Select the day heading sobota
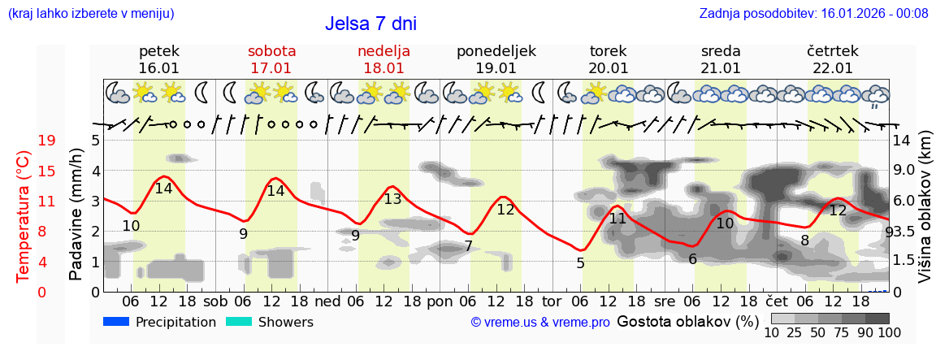[x=271, y=51]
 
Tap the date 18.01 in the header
[x=383, y=68]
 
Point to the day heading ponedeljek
[x=496, y=51]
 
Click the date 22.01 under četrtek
[x=833, y=68]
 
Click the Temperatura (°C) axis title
[x=24, y=216]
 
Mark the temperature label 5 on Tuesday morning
[x=580, y=263]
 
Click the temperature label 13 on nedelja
[x=392, y=199]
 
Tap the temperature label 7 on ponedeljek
[x=468, y=246]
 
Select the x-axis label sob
[x=215, y=300]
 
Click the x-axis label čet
[x=777, y=300]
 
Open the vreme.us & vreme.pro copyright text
[x=540, y=323]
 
